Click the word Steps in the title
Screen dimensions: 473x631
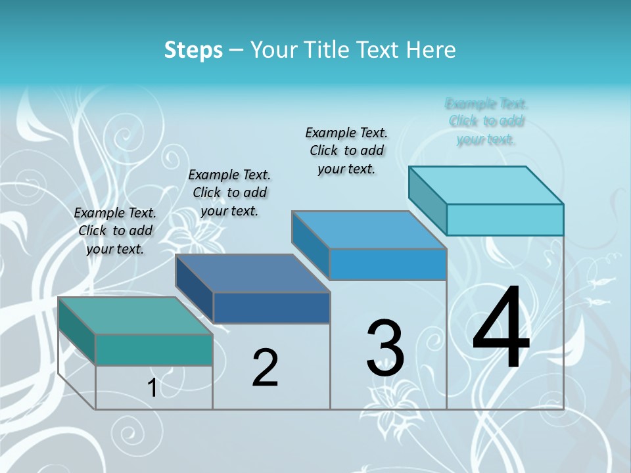[x=193, y=50]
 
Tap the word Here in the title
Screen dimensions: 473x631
[x=431, y=50]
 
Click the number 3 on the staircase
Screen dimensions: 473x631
[x=385, y=348]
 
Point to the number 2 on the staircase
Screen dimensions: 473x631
[x=265, y=368]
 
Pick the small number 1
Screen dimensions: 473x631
[x=152, y=388]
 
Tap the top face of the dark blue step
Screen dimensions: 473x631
[x=252, y=273]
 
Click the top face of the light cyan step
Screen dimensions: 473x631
[x=486, y=185]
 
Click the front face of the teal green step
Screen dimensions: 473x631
[x=154, y=349]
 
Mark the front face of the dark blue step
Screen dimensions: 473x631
[x=271, y=307]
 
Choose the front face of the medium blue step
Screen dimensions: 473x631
[x=388, y=264]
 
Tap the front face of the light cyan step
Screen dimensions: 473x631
[x=505, y=219]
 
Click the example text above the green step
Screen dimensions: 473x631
[x=115, y=231]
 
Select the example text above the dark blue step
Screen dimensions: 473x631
[x=229, y=192]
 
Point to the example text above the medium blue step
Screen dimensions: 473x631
[x=346, y=150]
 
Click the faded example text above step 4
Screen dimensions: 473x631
[x=486, y=122]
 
